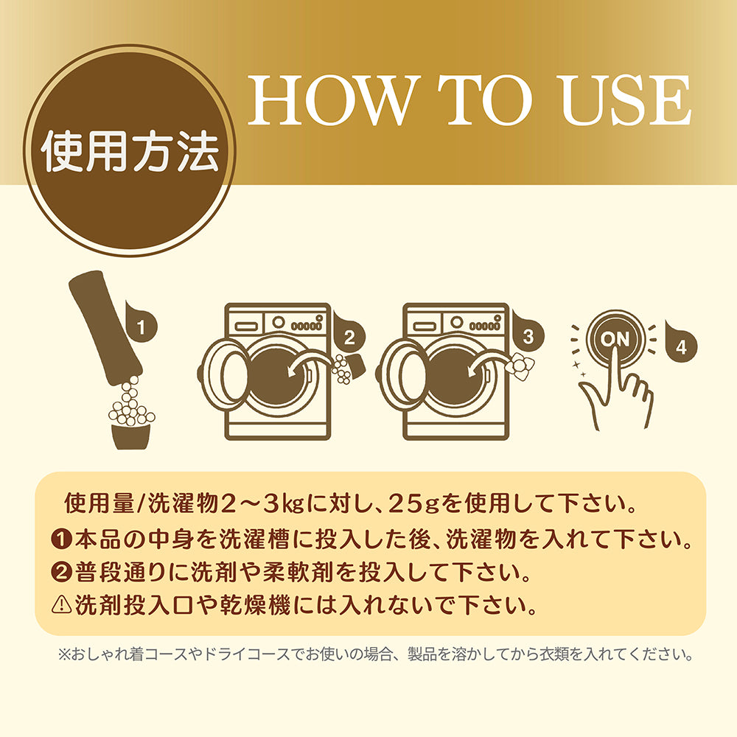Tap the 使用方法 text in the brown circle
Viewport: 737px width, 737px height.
pyautogui.click(x=130, y=151)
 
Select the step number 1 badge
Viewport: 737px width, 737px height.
pyautogui.click(x=141, y=324)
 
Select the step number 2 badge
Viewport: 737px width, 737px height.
pyautogui.click(x=349, y=335)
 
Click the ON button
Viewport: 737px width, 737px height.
pyautogui.click(x=615, y=338)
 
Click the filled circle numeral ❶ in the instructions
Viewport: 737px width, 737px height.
pyautogui.click(x=62, y=539)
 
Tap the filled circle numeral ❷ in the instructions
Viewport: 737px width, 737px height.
pyautogui.click(x=62, y=572)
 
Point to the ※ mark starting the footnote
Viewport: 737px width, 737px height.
pyautogui.click(x=63, y=654)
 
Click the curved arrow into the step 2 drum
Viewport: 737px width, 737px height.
pyautogui.click(x=311, y=363)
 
